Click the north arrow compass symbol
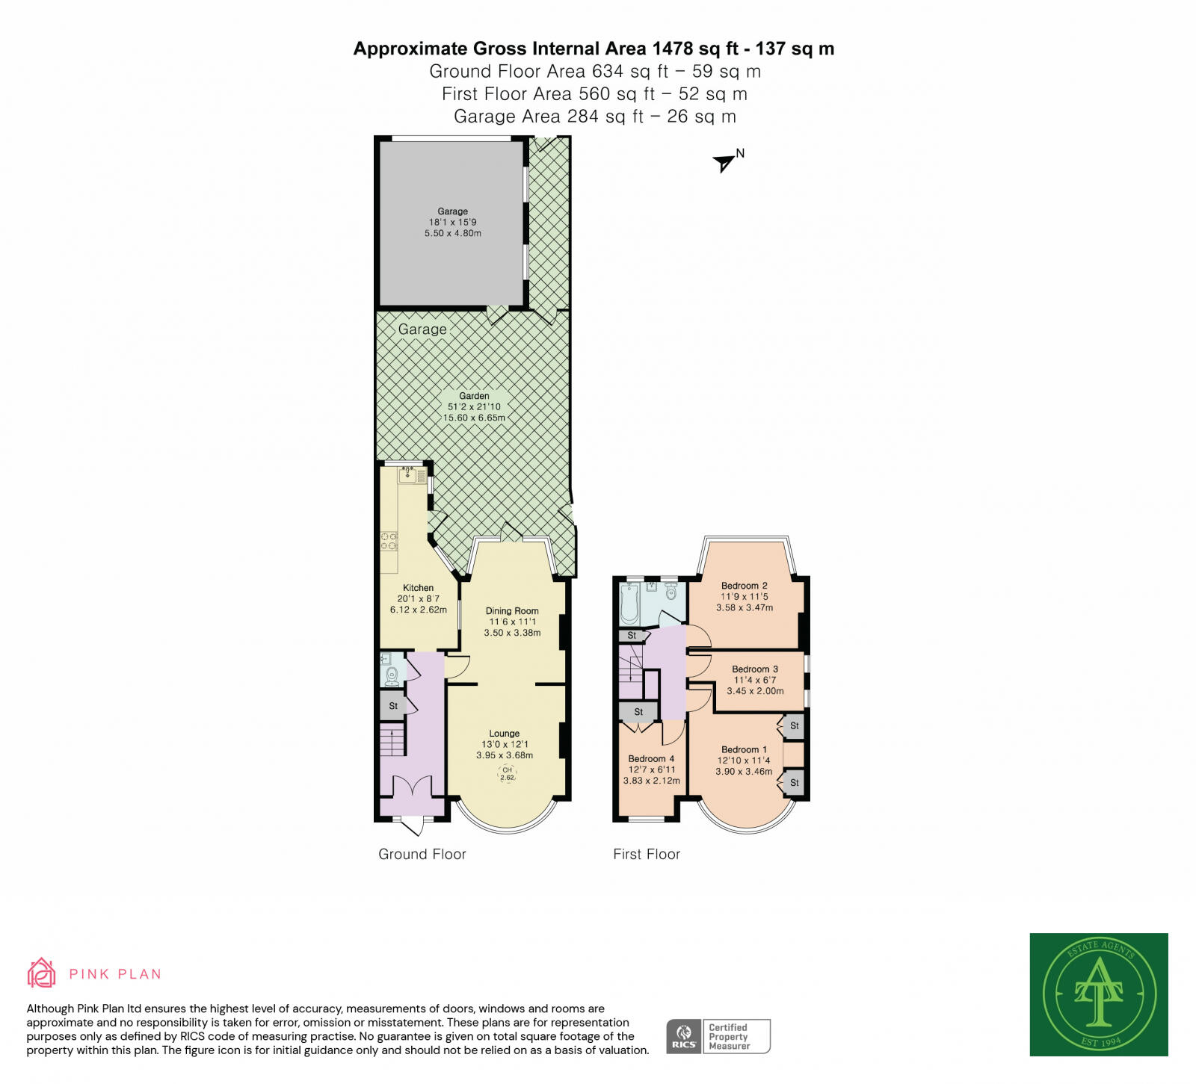(724, 162)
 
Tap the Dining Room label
(512, 610)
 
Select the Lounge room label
(505, 734)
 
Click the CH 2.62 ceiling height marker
(508, 774)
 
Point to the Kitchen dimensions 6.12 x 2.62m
(418, 610)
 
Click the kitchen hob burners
(389, 541)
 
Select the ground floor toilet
(392, 675)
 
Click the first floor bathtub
(629, 604)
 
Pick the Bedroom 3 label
(755, 669)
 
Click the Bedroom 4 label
(651, 758)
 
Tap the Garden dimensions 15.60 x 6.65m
(474, 418)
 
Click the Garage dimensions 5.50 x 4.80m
(453, 233)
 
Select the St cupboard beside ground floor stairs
(393, 706)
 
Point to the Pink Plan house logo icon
(41, 973)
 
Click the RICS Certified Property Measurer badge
(718, 1036)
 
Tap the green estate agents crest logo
(1098, 994)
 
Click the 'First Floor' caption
(647, 854)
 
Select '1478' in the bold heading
(673, 49)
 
